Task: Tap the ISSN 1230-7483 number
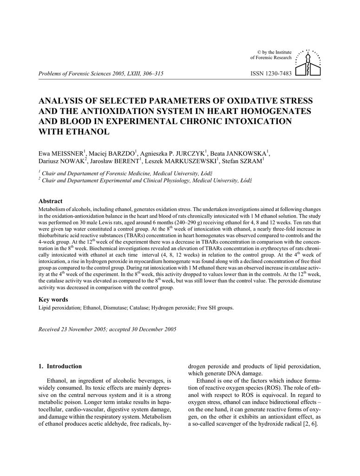coord(271,73)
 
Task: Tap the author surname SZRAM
coord(249,161)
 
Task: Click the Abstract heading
coord(50,201)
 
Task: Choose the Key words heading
coord(53,299)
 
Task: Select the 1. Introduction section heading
coord(60,366)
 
